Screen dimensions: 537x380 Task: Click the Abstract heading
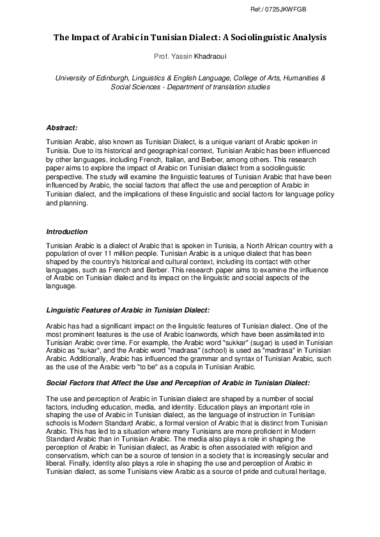point(62,128)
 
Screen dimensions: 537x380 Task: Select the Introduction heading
point(67,232)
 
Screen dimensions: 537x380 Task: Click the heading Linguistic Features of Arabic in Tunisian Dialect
point(128,310)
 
